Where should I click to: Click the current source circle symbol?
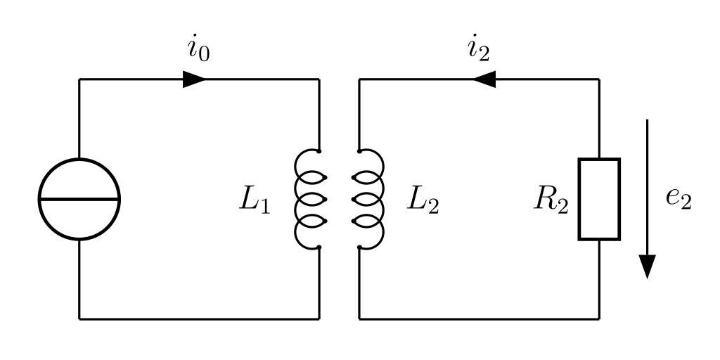point(79,199)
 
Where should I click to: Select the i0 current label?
point(198,51)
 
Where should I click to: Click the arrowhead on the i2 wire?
point(484,79)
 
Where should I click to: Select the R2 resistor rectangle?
point(599,199)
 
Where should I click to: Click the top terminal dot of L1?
point(319,150)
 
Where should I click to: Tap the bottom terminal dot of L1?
point(319,247)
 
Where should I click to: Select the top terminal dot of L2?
point(359,150)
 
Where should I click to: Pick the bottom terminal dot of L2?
point(359,247)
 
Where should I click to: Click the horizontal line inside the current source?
point(79,199)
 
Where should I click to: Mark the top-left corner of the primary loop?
point(79,79)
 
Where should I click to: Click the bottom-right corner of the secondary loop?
point(599,319)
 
